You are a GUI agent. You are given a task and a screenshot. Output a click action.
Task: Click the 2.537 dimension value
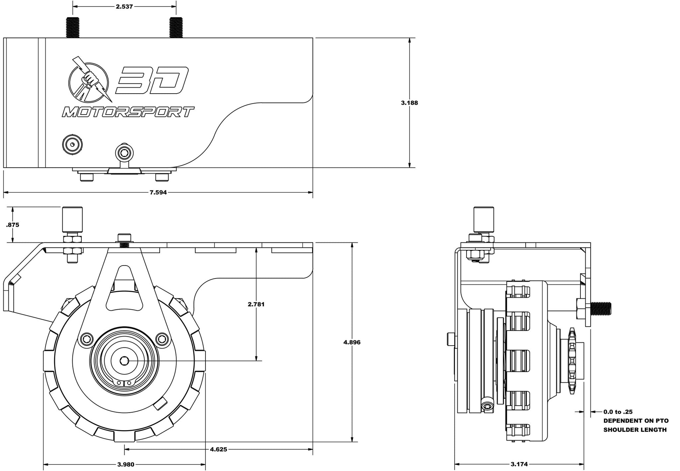[x=124, y=6]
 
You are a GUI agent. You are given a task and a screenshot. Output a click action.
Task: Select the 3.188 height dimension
[x=409, y=103]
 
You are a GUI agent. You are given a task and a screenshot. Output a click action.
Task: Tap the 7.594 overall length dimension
[x=158, y=193]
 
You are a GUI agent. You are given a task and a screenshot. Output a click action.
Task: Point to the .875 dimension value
[x=13, y=225]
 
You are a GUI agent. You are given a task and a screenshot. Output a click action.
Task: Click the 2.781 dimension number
[x=256, y=304]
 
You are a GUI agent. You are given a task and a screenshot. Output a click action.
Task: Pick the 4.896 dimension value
[x=352, y=342]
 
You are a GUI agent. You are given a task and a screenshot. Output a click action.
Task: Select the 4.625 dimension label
[x=218, y=449]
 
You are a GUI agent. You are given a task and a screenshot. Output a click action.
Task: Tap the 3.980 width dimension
[x=125, y=464]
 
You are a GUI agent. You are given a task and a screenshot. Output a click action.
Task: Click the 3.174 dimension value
[x=519, y=464]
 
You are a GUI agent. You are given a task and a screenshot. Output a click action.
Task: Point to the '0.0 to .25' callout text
[x=618, y=412]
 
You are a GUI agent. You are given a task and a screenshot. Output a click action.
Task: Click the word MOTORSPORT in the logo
[x=128, y=112]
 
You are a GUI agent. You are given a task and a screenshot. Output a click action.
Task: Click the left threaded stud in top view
[x=72, y=27]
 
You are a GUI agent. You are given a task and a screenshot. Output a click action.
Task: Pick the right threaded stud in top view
[x=176, y=27]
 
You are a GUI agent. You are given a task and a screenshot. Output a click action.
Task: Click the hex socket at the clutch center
[x=124, y=360]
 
